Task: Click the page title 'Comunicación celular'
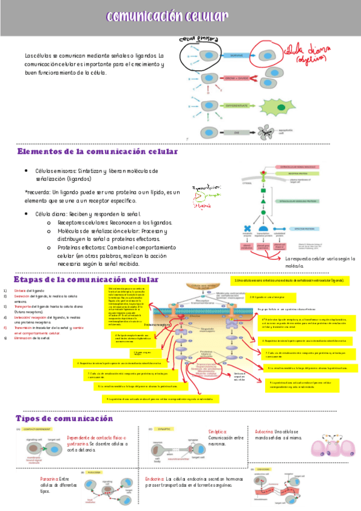coord(167,16)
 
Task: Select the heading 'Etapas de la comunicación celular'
coord(86,280)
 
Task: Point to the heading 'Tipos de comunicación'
coord(64,418)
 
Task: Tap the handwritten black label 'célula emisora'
coord(198,39)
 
